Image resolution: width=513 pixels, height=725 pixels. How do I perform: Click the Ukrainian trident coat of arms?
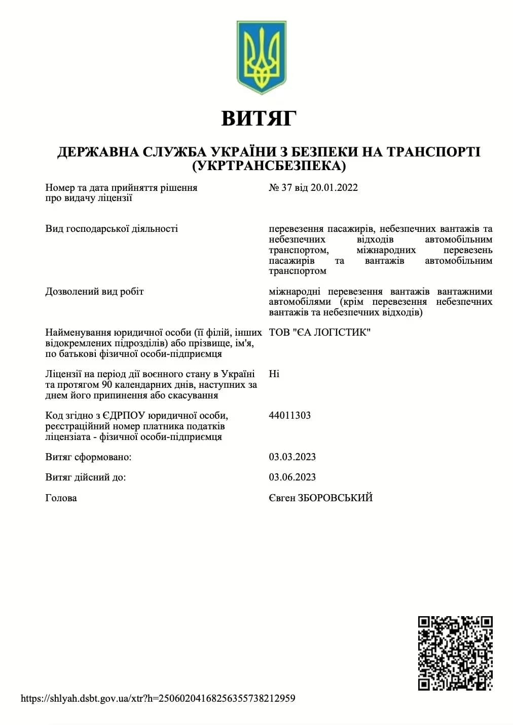click(x=261, y=57)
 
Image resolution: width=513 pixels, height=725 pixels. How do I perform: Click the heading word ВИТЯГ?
click(x=259, y=118)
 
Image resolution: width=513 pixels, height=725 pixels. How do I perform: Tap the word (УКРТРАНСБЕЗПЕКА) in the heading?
click(x=269, y=166)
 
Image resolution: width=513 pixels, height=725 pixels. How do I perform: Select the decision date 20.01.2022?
click(x=334, y=188)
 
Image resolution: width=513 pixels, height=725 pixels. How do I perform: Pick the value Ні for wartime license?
click(x=274, y=374)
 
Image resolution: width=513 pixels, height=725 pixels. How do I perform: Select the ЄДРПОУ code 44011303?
click(x=289, y=416)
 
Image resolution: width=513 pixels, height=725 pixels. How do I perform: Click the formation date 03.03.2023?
click(x=292, y=457)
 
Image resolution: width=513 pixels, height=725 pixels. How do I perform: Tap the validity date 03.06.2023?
click(x=292, y=477)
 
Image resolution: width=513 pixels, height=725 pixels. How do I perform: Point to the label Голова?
click(x=61, y=498)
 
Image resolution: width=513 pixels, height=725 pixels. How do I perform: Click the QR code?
click(x=455, y=653)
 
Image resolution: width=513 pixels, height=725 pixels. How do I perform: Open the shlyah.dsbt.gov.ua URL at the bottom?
click(x=158, y=699)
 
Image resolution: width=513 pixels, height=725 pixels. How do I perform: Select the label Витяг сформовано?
click(x=88, y=457)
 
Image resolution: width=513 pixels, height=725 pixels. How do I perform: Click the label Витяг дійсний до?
click(x=86, y=477)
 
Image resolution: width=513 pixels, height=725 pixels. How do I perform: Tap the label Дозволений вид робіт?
click(x=94, y=292)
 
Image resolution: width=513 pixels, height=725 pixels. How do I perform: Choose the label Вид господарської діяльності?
click(x=112, y=229)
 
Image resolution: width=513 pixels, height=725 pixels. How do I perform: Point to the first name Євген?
click(x=282, y=498)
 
